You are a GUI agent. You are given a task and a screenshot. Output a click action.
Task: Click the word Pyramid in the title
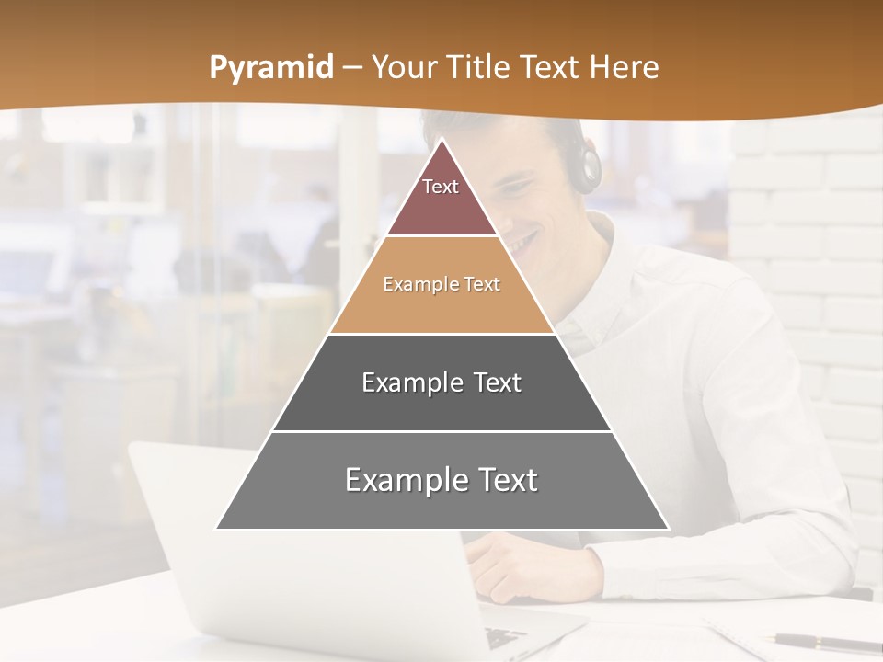point(271,68)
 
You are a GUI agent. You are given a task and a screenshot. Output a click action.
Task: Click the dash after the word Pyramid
point(351,68)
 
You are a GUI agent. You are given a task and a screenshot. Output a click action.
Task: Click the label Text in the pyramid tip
point(441,187)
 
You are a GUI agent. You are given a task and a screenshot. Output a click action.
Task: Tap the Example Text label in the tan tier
point(441,284)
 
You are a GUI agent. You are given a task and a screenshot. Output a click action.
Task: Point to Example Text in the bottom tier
point(441,480)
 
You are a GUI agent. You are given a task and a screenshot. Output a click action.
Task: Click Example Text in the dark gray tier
point(441,382)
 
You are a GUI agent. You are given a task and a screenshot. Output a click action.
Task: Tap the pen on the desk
point(823,643)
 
